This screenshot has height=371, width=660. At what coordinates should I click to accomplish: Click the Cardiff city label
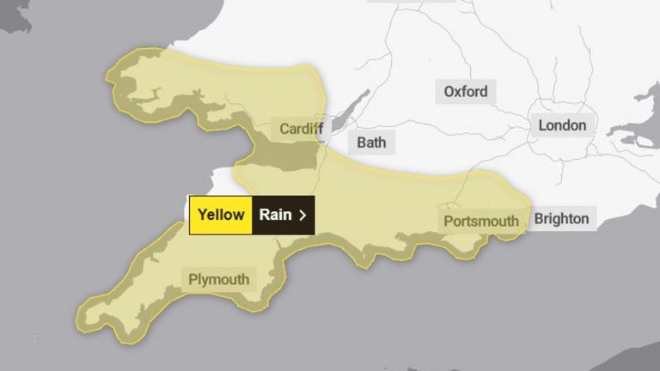tap(302, 129)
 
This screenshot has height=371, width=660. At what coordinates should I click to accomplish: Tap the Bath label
tap(371, 142)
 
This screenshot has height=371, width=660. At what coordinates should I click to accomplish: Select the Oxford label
tap(466, 91)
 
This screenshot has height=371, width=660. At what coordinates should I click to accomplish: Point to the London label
tap(562, 125)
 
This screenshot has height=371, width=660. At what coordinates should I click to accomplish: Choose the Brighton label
tap(562, 218)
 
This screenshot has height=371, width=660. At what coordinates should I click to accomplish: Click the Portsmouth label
tap(481, 221)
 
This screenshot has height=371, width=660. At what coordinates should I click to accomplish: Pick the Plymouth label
tap(219, 279)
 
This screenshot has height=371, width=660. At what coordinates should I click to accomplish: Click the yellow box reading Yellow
tap(221, 215)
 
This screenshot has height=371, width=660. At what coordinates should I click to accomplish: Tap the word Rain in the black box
tap(276, 215)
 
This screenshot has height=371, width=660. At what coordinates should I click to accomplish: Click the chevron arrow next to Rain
tap(302, 215)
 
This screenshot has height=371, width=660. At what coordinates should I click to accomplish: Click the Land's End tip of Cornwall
tap(83, 321)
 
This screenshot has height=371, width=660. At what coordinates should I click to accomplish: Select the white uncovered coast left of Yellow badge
tap(215, 182)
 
